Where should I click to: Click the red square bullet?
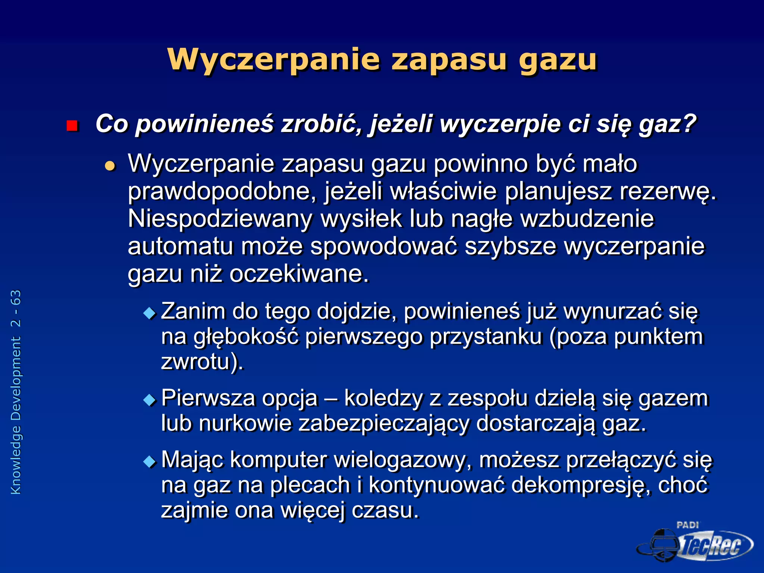[72, 126]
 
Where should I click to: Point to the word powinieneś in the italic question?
[204, 124]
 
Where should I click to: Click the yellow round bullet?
[110, 165]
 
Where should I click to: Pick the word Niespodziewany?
[220, 219]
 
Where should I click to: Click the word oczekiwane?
[298, 274]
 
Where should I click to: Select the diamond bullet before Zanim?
[150, 313]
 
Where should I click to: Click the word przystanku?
[485, 337]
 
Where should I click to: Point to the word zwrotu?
[195, 362]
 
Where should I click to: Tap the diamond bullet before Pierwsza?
[150, 400]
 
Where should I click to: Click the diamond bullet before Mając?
[150, 461]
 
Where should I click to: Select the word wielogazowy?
[400, 460]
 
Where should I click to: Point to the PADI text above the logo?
[687, 525]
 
